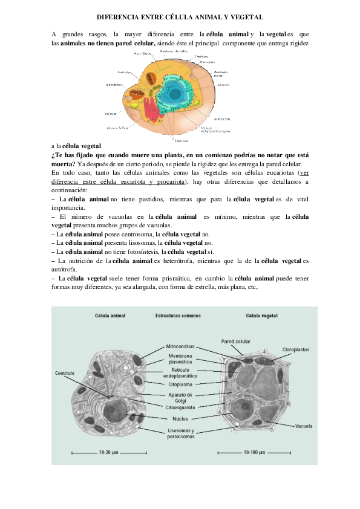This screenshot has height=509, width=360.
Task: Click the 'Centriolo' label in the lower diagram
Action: tap(65, 373)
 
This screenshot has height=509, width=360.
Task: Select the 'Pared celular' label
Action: tap(235, 341)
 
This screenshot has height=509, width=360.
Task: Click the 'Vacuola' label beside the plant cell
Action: tap(304, 426)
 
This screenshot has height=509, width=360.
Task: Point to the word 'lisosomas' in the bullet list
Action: tap(136, 243)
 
